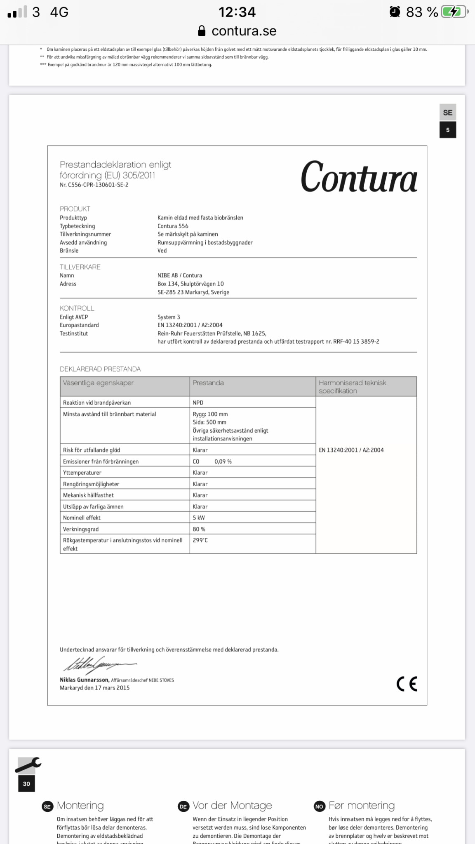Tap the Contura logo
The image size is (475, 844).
[x=359, y=177]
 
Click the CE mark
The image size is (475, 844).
[x=407, y=684]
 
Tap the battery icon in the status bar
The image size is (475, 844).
[x=454, y=12]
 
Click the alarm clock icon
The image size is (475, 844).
[x=395, y=12]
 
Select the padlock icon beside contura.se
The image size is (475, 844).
[x=202, y=31]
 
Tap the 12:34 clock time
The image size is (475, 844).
[x=237, y=12]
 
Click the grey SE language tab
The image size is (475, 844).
[x=447, y=113]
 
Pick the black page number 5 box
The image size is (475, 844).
[x=447, y=130]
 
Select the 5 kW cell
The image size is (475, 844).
[x=199, y=518]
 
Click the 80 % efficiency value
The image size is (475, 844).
[x=199, y=529]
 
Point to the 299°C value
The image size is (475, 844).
[x=200, y=540]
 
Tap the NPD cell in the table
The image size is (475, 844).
[x=198, y=403]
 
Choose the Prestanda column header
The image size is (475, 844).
[x=208, y=383]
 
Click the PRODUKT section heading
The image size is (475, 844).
[x=75, y=209]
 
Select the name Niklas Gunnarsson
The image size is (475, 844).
[x=84, y=680]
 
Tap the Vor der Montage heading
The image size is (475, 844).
[x=232, y=805]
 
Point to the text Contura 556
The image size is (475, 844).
[x=173, y=226]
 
